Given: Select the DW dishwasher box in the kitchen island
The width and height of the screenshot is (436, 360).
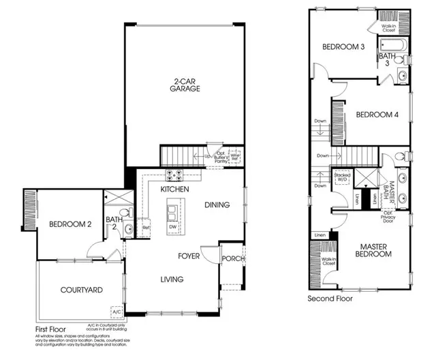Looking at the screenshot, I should [172, 226].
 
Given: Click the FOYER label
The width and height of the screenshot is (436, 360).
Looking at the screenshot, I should [189, 256].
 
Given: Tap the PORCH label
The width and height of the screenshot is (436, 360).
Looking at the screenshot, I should [234, 258].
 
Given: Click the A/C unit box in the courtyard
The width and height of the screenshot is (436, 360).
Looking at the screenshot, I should [116, 312].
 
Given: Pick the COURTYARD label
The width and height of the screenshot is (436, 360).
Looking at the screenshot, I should [81, 290].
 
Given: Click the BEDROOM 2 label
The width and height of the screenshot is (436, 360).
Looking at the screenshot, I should [70, 224].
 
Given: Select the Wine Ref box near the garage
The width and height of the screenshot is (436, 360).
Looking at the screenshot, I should [235, 155].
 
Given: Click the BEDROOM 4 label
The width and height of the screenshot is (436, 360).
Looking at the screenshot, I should [377, 114].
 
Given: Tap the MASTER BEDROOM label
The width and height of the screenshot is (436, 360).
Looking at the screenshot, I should [374, 250].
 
